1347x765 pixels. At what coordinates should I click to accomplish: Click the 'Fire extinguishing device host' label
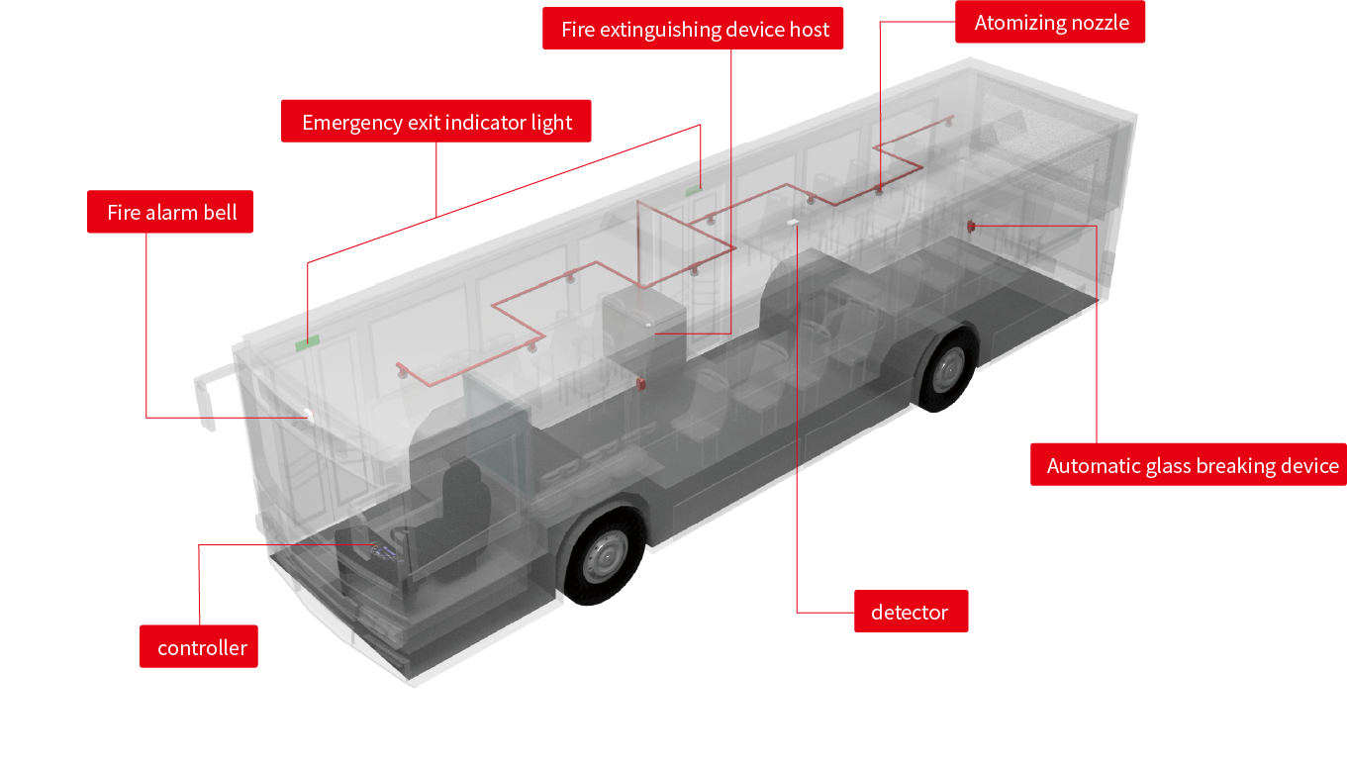[694, 29]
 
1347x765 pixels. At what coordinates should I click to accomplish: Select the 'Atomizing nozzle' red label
[1050, 23]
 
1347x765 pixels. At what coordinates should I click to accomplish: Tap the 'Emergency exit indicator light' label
[436, 122]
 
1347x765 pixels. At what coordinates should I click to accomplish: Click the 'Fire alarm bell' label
[170, 212]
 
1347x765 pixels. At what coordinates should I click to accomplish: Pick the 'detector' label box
[910, 612]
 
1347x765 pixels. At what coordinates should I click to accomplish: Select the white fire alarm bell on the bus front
[308, 417]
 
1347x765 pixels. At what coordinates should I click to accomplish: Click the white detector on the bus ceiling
[792, 222]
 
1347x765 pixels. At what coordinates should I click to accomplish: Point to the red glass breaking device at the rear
[971, 227]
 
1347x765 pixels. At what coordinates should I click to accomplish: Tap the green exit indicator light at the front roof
[303, 344]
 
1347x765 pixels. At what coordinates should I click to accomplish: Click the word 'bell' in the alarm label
[222, 212]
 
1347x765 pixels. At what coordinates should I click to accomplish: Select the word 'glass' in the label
[1166, 465]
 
